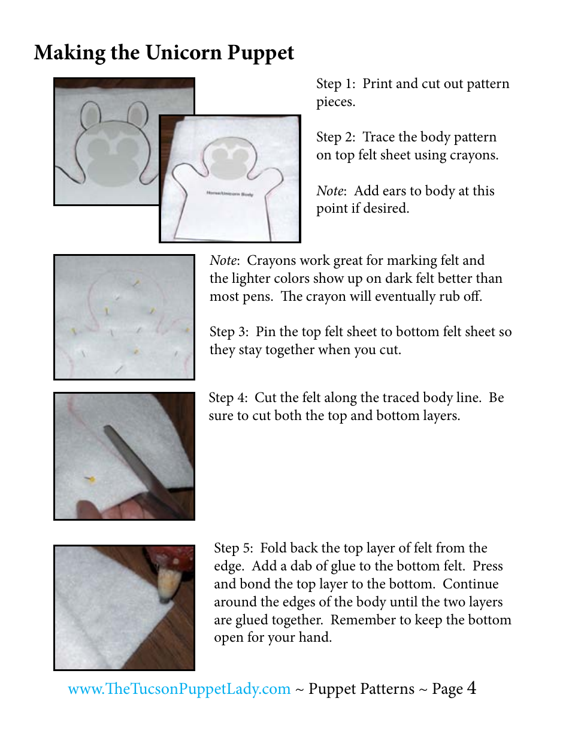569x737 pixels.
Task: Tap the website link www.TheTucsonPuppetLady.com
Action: click(179, 689)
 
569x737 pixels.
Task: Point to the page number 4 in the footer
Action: click(471, 688)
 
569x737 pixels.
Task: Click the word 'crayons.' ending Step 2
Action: click(474, 155)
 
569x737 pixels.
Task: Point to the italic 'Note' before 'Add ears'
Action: click(330, 191)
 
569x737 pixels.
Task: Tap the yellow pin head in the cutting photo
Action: click(92, 479)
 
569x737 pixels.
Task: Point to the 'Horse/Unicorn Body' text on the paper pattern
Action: click(229, 194)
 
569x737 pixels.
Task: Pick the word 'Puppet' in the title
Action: click(261, 53)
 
